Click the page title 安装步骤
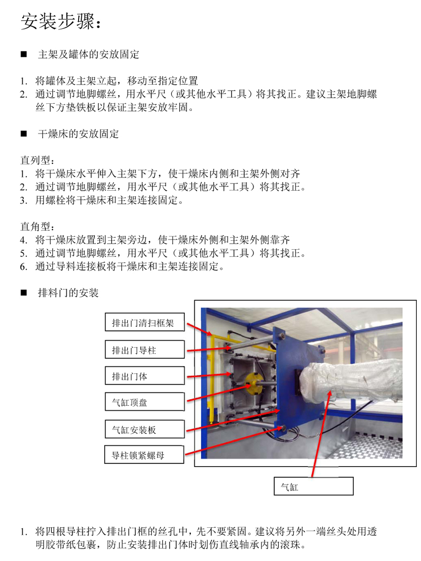pos(57,22)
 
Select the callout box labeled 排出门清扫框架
pos(145,322)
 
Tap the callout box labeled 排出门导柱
pos(145,349)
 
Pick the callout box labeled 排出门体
pos(145,375)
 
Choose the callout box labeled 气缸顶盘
pos(145,402)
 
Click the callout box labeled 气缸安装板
pos(145,429)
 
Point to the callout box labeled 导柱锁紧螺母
pos(144,454)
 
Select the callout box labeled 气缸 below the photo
pos(313,486)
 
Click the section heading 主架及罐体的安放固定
pos(88,54)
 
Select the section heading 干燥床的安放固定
pos(78,134)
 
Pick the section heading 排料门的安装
pos(68,293)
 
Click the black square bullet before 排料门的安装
pos(24,293)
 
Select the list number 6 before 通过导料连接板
pos(23,267)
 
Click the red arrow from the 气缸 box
pos(321,434)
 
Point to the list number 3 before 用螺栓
pos(23,201)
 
